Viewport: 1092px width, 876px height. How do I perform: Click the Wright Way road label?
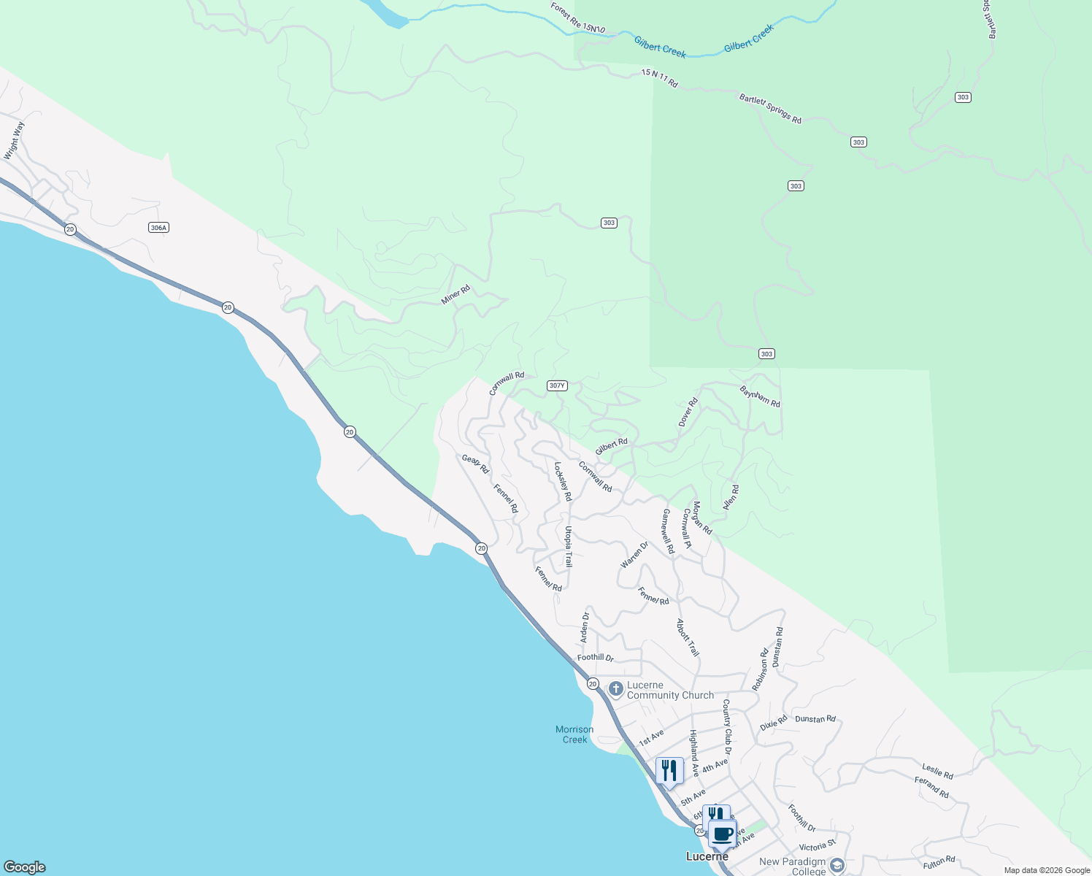pos(14,140)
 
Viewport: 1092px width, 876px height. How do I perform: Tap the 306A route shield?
pos(158,228)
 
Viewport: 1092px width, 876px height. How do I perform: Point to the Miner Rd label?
pos(456,295)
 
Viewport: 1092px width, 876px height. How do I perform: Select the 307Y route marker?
pos(557,385)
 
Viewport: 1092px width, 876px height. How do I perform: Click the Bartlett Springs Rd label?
pos(770,109)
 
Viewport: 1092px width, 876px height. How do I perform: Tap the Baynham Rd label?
pos(760,397)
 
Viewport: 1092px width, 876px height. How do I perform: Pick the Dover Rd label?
pos(688,412)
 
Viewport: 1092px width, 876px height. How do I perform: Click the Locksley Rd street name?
pos(563,481)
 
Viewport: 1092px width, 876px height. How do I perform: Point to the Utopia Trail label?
pos(569,547)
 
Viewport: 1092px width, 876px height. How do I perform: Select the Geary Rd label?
pos(475,464)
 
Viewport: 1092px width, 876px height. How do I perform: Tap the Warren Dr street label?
pos(634,555)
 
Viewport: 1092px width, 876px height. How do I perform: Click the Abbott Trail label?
pos(688,637)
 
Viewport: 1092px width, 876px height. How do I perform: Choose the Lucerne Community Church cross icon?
pos(615,688)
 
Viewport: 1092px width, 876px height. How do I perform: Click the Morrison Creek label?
pos(574,734)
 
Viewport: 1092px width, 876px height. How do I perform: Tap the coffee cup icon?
pos(723,834)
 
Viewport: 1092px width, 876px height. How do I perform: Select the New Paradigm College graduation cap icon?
pos(837,866)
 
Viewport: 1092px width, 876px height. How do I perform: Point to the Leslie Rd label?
pos(937,771)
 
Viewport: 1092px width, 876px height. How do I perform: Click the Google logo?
pos(25,867)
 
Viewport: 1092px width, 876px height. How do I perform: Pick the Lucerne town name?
pos(707,856)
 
